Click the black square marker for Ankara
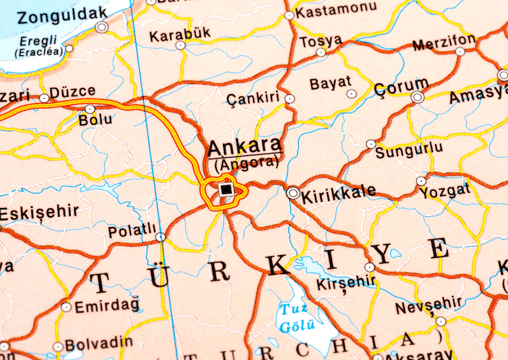226,190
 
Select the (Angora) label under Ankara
246,164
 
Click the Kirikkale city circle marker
293,193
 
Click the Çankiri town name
253,99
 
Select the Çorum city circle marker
417,97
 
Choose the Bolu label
95,120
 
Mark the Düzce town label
72,91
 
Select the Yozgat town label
445,192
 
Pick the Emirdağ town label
106,306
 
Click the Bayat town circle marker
351,93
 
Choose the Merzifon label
444,44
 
